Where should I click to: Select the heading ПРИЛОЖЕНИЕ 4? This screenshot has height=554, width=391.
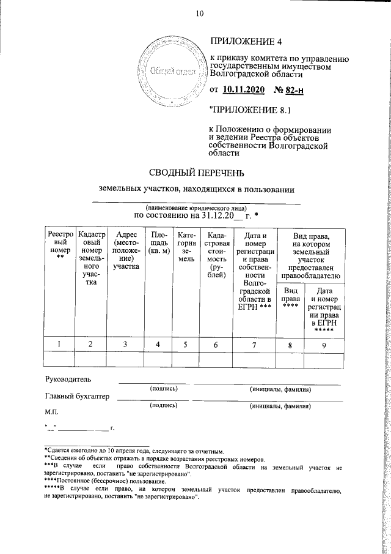coord(247,42)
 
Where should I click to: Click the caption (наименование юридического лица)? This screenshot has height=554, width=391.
coord(195,208)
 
